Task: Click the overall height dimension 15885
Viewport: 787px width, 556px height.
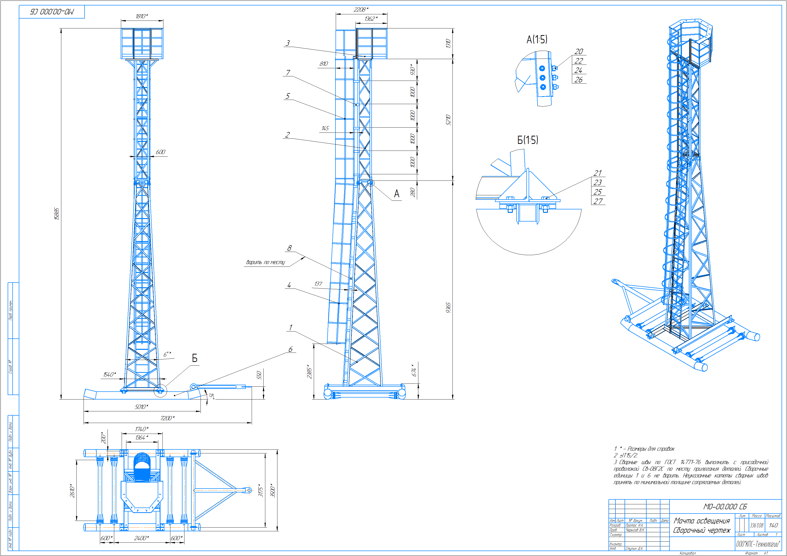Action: pyautogui.click(x=57, y=214)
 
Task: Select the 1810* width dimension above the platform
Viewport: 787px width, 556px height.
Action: pyautogui.click(x=142, y=16)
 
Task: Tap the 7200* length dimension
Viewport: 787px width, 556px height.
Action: pyautogui.click(x=167, y=418)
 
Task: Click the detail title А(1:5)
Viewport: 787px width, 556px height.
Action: pyautogui.click(x=537, y=39)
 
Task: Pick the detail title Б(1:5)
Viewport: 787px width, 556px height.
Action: pyautogui.click(x=528, y=140)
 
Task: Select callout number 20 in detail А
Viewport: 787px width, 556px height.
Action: pyautogui.click(x=579, y=51)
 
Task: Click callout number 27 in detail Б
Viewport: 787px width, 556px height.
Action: pyautogui.click(x=598, y=201)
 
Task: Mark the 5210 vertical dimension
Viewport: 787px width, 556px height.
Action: pyautogui.click(x=448, y=120)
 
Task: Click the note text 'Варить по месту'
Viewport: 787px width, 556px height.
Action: pyautogui.click(x=265, y=262)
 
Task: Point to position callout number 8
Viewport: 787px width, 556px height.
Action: pyautogui.click(x=289, y=248)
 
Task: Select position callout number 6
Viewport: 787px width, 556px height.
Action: pyautogui.click(x=290, y=349)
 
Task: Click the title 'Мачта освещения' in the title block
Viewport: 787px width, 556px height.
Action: pyautogui.click(x=702, y=521)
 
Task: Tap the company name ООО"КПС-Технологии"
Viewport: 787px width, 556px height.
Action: pyautogui.click(x=758, y=544)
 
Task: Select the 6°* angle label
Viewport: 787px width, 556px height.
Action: pyautogui.click(x=167, y=355)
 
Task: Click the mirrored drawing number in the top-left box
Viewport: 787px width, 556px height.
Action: pyautogui.click(x=52, y=12)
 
